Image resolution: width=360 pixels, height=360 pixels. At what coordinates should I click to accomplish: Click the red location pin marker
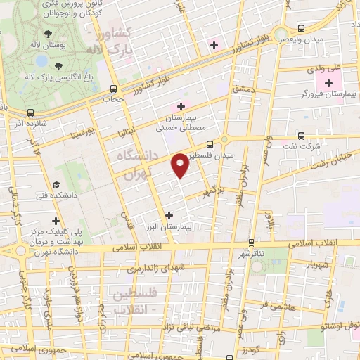[181, 165]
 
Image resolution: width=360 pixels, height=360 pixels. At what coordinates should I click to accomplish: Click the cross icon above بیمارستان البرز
[167, 215]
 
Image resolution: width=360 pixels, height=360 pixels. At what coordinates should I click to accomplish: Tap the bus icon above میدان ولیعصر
[301, 29]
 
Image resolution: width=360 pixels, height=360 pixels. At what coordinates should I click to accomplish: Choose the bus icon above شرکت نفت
[301, 136]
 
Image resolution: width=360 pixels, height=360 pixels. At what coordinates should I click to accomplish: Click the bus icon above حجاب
[114, 89]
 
